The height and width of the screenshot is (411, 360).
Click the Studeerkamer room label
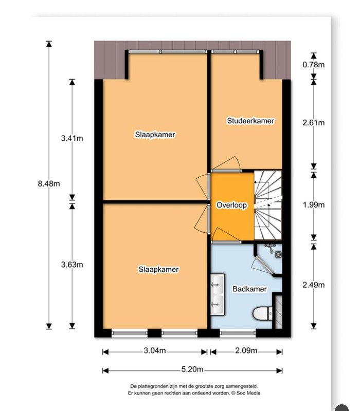tap(250, 121)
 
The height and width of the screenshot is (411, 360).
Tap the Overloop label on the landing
tap(232, 205)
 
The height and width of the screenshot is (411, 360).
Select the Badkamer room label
tap(249, 289)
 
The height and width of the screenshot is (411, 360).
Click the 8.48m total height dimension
tap(49, 184)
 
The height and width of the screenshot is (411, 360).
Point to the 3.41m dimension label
tap(72, 138)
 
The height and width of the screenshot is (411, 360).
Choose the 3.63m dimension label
tap(72, 265)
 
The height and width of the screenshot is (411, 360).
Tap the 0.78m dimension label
tap(314, 65)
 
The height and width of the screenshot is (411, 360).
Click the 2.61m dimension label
tap(314, 122)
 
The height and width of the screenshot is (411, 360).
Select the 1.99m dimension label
tap(314, 204)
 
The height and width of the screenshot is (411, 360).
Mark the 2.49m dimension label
tap(314, 285)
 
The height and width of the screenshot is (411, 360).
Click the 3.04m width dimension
tap(155, 350)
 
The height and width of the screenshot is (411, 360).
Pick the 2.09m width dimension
tap(246, 350)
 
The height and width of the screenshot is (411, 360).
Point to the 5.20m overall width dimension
tap(192, 369)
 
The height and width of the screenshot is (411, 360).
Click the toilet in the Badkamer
tap(263, 313)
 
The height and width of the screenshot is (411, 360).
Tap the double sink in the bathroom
tap(218, 294)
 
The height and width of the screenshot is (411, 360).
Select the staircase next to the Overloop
tap(268, 205)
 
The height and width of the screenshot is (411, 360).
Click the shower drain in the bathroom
tap(278, 254)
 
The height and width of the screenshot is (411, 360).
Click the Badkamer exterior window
tap(238, 333)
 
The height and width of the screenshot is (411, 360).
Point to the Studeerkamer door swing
tap(226, 163)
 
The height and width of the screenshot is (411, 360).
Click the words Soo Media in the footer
tap(248, 393)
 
